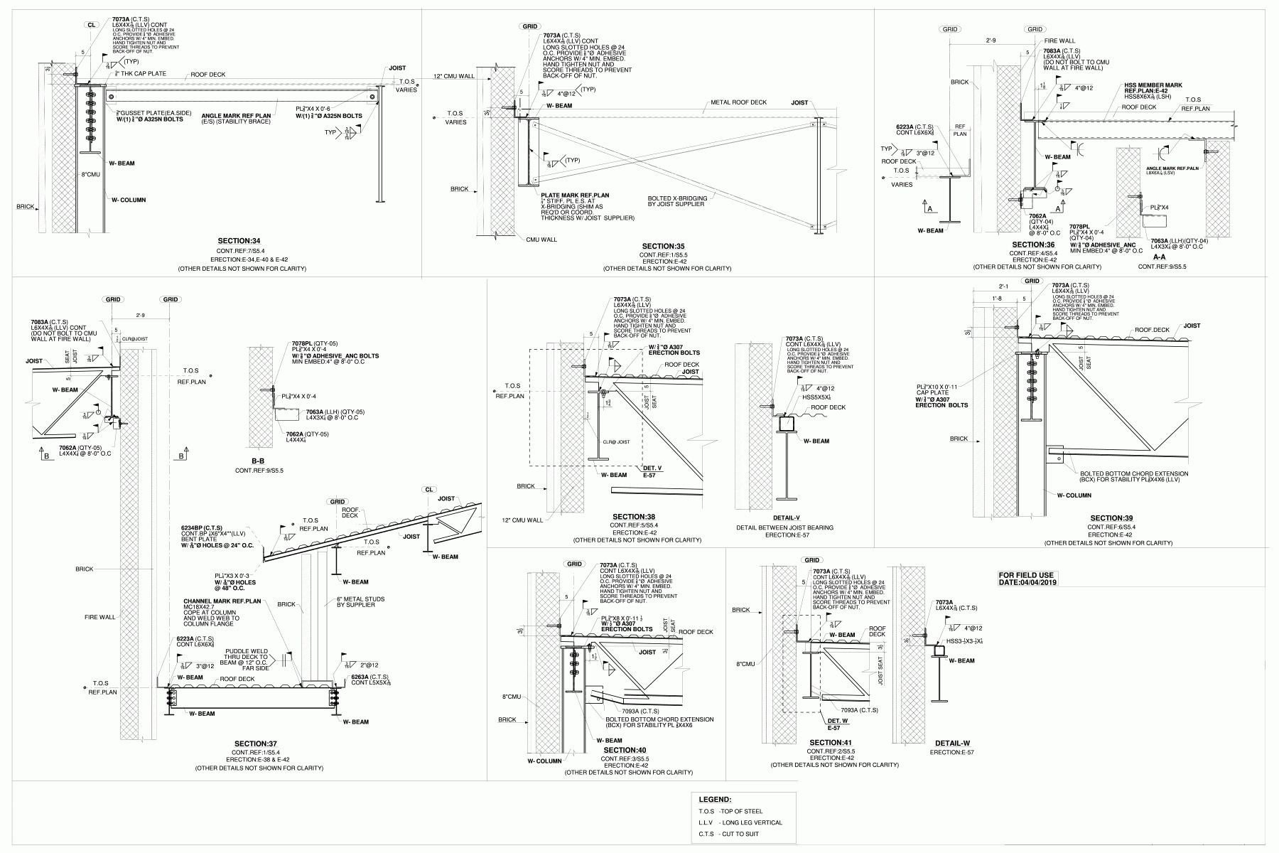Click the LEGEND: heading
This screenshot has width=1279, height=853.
pos(715,800)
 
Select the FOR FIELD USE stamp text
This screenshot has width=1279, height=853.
pos(1027,575)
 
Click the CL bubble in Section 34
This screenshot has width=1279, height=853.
pos(91,25)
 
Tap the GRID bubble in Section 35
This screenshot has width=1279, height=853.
pos(530,26)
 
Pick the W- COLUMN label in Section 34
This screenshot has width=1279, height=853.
pos(129,200)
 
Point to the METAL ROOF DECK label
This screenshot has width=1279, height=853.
pos(739,102)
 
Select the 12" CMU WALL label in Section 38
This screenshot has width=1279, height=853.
pos(522,520)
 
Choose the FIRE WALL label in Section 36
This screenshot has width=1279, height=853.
pos(1059,41)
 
